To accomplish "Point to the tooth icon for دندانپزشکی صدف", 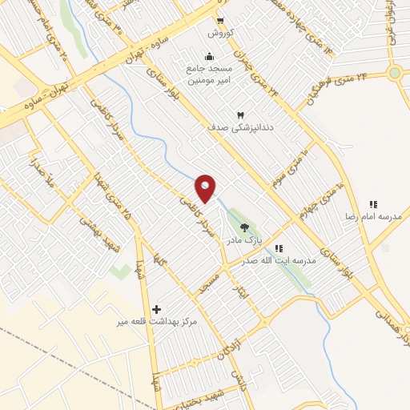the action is point(239,115).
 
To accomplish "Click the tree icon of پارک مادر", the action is point(244,227).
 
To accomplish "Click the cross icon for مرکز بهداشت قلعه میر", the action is point(156,309).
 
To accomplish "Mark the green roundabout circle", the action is point(394,74).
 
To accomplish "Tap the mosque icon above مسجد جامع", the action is point(209,56).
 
